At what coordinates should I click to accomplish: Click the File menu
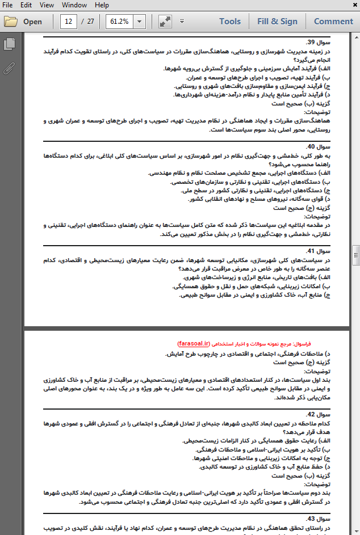click(9, 5)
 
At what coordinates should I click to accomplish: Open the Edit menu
click(27, 5)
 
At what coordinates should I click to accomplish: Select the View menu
click(47, 5)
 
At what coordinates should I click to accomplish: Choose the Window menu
click(74, 5)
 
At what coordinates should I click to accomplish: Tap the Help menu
click(102, 5)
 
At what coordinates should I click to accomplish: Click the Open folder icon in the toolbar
click(10, 22)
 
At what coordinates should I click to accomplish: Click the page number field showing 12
click(69, 22)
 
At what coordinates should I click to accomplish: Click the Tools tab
click(230, 22)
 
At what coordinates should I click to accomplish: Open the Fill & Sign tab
click(277, 22)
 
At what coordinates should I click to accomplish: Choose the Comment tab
click(333, 22)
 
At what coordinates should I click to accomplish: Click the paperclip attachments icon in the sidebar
click(9, 69)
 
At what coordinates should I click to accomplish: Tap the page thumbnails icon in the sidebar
click(9, 44)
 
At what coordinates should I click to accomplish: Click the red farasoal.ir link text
click(194, 344)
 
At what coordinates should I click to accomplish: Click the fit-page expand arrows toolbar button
click(165, 22)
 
